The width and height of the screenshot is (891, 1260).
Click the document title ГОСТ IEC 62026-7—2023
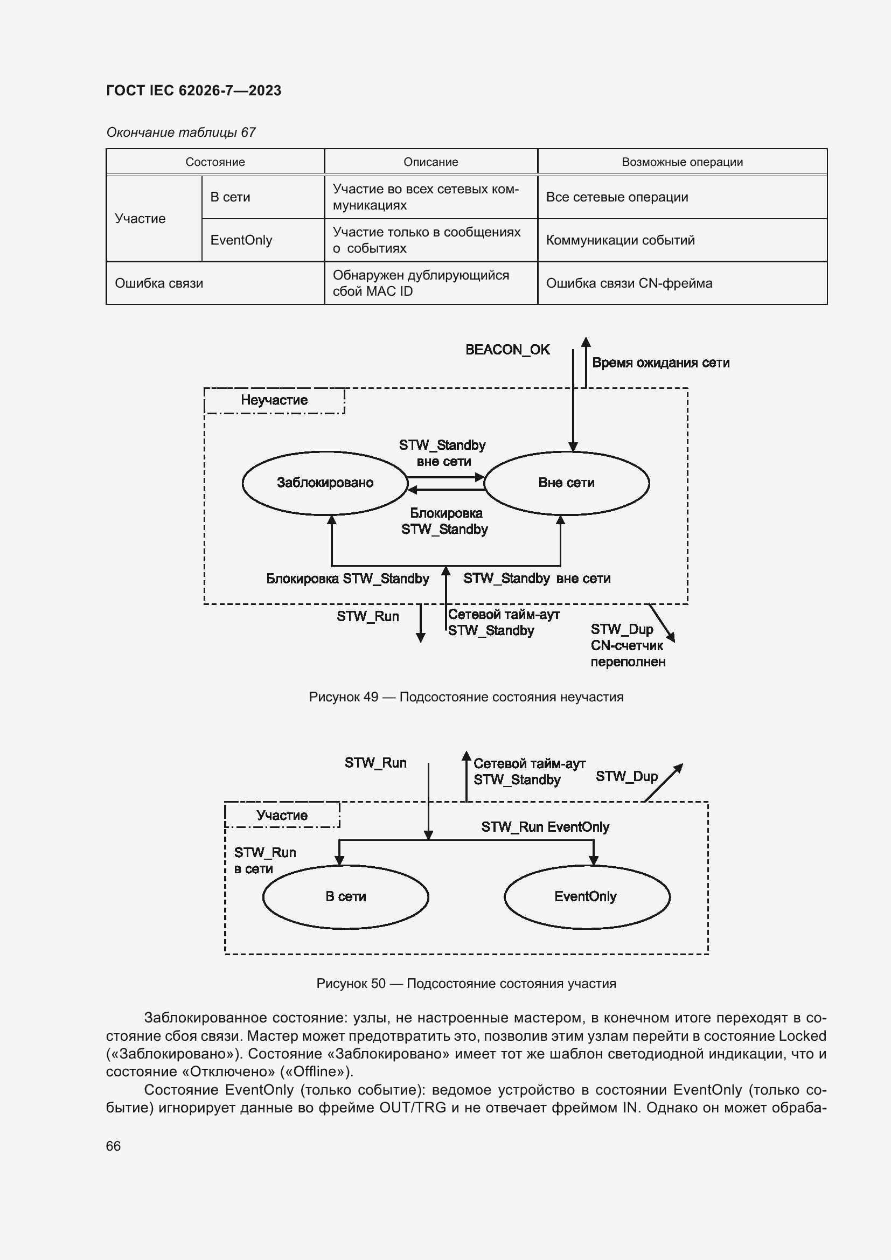point(193,91)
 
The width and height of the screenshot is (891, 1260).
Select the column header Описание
point(431,162)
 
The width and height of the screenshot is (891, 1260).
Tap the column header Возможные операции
point(682,162)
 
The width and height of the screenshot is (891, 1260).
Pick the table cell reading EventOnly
point(241,240)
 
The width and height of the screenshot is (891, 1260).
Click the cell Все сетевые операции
point(617,197)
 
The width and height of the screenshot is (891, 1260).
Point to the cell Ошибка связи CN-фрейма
point(629,283)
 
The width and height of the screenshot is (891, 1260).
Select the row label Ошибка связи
point(158,283)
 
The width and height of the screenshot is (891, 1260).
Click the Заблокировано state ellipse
point(325,483)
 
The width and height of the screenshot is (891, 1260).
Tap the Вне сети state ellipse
point(566,483)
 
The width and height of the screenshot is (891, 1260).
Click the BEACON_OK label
point(507,350)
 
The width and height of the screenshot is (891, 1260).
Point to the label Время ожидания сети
point(660,363)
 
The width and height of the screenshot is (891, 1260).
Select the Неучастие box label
point(274,400)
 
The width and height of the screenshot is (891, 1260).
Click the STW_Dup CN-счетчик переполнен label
point(627,645)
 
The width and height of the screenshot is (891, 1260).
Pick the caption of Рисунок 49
point(466,697)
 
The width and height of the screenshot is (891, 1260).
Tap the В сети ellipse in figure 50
point(345,896)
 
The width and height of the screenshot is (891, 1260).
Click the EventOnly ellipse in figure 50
point(586,896)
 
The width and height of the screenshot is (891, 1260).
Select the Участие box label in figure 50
point(282,816)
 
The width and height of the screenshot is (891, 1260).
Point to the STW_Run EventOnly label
point(545,827)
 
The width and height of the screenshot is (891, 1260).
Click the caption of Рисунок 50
point(466,984)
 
